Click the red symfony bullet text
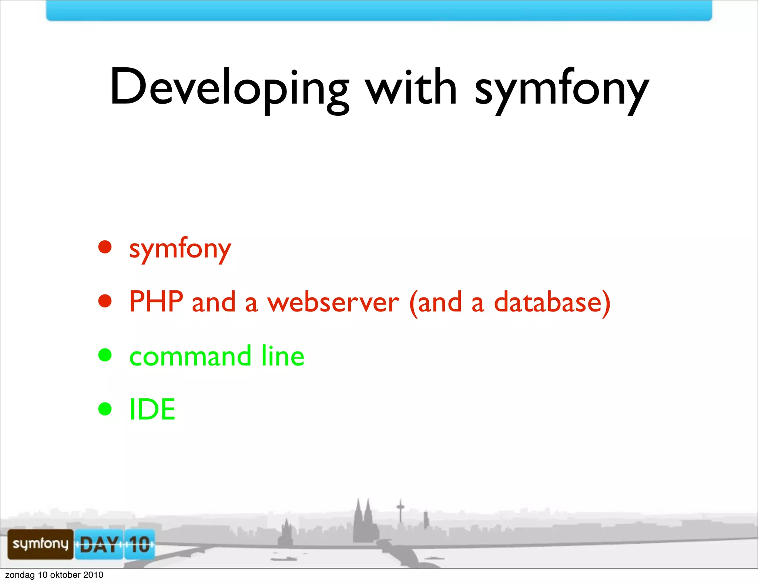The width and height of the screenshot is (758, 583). click(x=180, y=249)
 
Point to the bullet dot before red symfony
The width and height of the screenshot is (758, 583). click(x=105, y=247)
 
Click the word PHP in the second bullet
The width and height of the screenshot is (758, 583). click(x=156, y=302)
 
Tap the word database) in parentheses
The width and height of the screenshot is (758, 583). click(x=552, y=303)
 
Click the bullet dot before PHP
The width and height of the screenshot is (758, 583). click(x=105, y=301)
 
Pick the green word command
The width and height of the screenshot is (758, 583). click(x=190, y=356)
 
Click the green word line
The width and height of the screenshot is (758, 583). click(x=283, y=356)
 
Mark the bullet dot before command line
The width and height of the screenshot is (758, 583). click(x=105, y=355)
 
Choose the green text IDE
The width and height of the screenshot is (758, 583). click(x=152, y=409)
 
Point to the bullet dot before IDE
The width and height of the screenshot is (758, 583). click(x=105, y=409)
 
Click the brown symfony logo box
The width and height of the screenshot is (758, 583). click(x=40, y=544)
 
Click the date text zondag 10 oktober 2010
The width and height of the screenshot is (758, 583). click(x=54, y=575)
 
